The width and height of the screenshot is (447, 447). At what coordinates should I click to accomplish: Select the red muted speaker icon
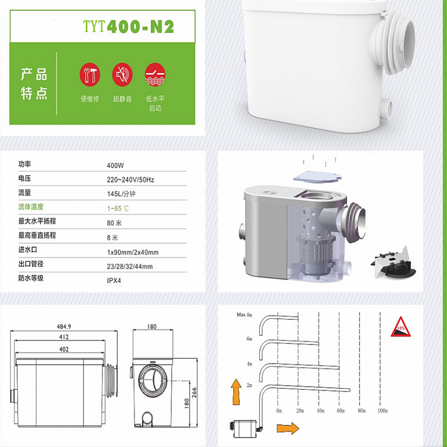point(122,74)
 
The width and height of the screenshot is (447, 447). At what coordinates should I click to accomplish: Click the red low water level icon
point(154,74)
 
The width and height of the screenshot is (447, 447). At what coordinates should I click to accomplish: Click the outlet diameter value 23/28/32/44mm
point(129,266)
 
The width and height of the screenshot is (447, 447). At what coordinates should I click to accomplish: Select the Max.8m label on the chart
point(245,314)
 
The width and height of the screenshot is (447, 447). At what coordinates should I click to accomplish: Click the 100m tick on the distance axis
point(383,411)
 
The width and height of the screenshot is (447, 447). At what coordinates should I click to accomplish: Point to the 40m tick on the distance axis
point(321,411)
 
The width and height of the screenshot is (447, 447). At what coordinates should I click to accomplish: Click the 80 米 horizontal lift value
point(114,223)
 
